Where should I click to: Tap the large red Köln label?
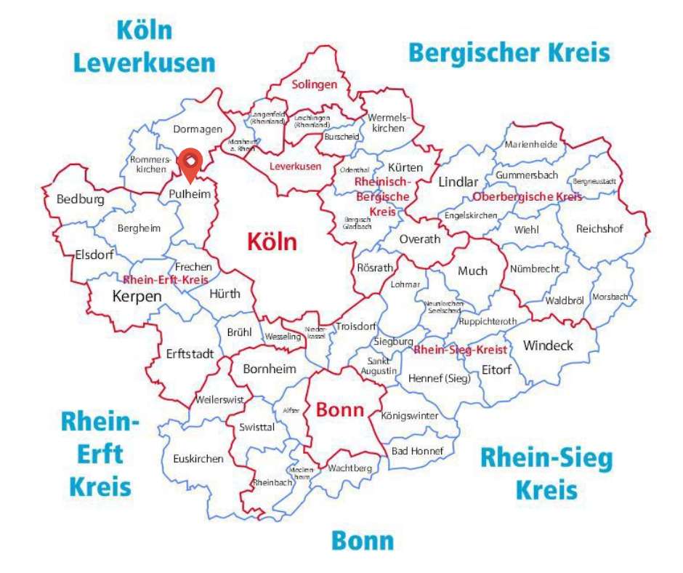tap(272, 241)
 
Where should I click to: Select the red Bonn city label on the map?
tap(339, 409)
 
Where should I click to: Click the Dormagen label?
tap(197, 129)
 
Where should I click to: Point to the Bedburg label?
tap(80, 199)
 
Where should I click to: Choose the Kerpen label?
tap(137, 296)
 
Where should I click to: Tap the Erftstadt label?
tap(190, 354)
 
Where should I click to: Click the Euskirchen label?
tap(198, 459)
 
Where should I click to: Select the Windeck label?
tap(548, 345)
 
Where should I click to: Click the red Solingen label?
tap(315, 84)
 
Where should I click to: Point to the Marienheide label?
tap(530, 144)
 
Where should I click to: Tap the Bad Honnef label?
tap(417, 451)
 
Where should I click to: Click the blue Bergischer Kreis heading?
tap(509, 53)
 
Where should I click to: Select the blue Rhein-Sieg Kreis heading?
tap(546, 473)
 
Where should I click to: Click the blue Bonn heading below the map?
tap(363, 541)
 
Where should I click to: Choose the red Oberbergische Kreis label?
tap(527, 197)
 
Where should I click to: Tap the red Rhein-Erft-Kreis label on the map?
tap(166, 279)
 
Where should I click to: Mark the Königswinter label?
tap(410, 416)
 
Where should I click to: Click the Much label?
tap(472, 271)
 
